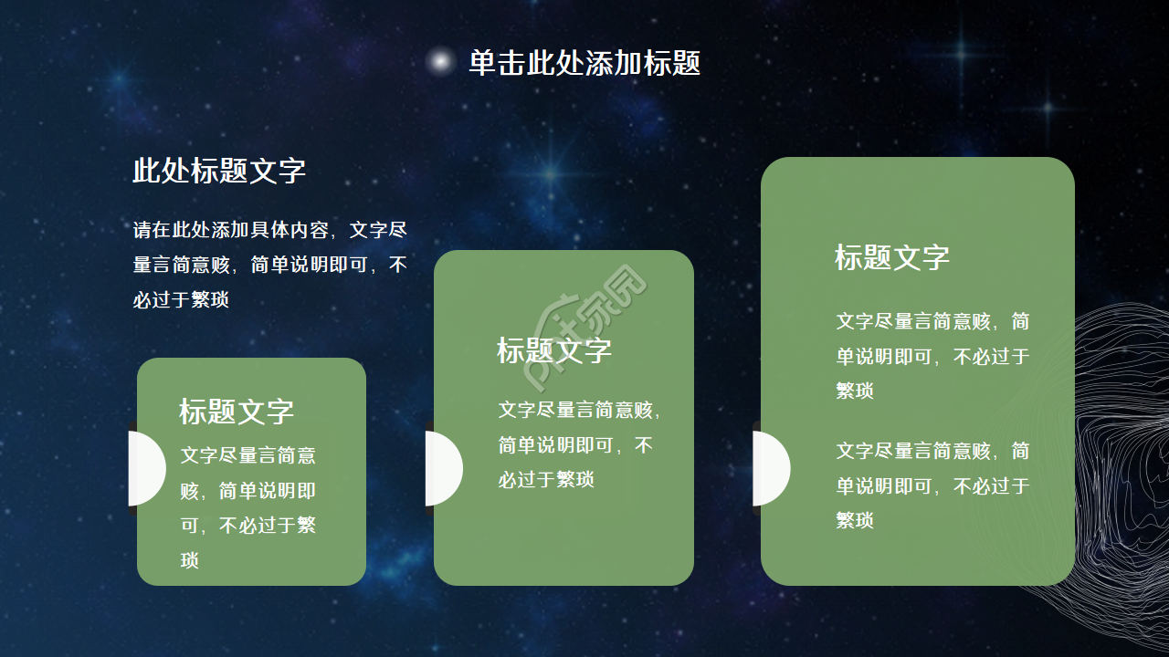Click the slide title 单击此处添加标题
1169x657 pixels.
pyautogui.click(x=584, y=63)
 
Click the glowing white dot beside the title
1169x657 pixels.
pyautogui.click(x=440, y=62)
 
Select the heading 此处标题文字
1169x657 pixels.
pyautogui.click(x=219, y=171)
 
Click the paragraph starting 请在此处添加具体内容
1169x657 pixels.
pyautogui.click(x=270, y=265)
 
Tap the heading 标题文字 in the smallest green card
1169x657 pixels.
pyautogui.click(x=237, y=412)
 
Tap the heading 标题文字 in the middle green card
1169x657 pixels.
pyautogui.click(x=554, y=350)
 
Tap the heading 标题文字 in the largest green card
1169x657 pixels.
pyautogui.click(x=892, y=257)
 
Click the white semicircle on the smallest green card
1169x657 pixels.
pyautogui.click(x=146, y=468)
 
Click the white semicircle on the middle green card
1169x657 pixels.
pyautogui.click(x=443, y=468)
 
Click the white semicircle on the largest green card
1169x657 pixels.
pyautogui.click(x=770, y=468)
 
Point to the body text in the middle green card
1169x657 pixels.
pyautogui.click(x=577, y=444)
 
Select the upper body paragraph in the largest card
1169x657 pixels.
pyautogui.click(x=932, y=356)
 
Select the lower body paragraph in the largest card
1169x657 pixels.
pyautogui.click(x=932, y=485)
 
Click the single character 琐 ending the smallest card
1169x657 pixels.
pyautogui.click(x=190, y=560)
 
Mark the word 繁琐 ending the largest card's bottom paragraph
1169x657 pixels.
pyautogui.click(x=855, y=520)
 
